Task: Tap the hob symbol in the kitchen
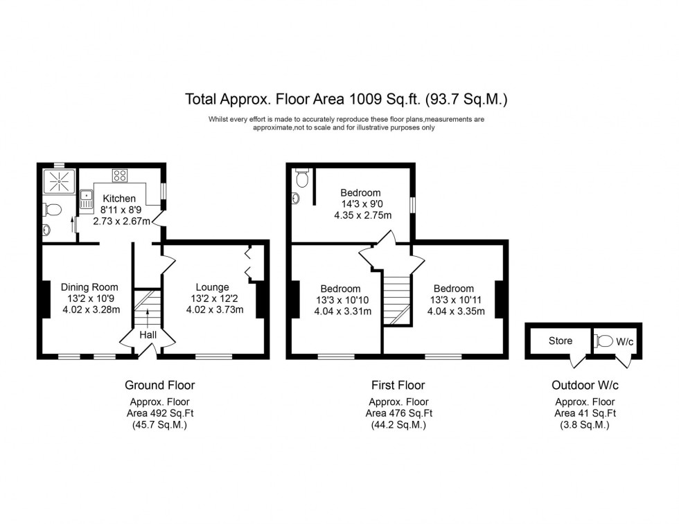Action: pos(119,176)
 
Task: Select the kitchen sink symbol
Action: pos(87,201)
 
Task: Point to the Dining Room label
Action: pos(89,287)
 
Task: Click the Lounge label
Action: pos(212,287)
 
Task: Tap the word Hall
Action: pos(147,335)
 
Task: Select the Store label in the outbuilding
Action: pos(560,341)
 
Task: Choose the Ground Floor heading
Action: pos(159,385)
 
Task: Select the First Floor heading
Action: pos(398,385)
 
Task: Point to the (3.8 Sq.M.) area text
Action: pos(585,425)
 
